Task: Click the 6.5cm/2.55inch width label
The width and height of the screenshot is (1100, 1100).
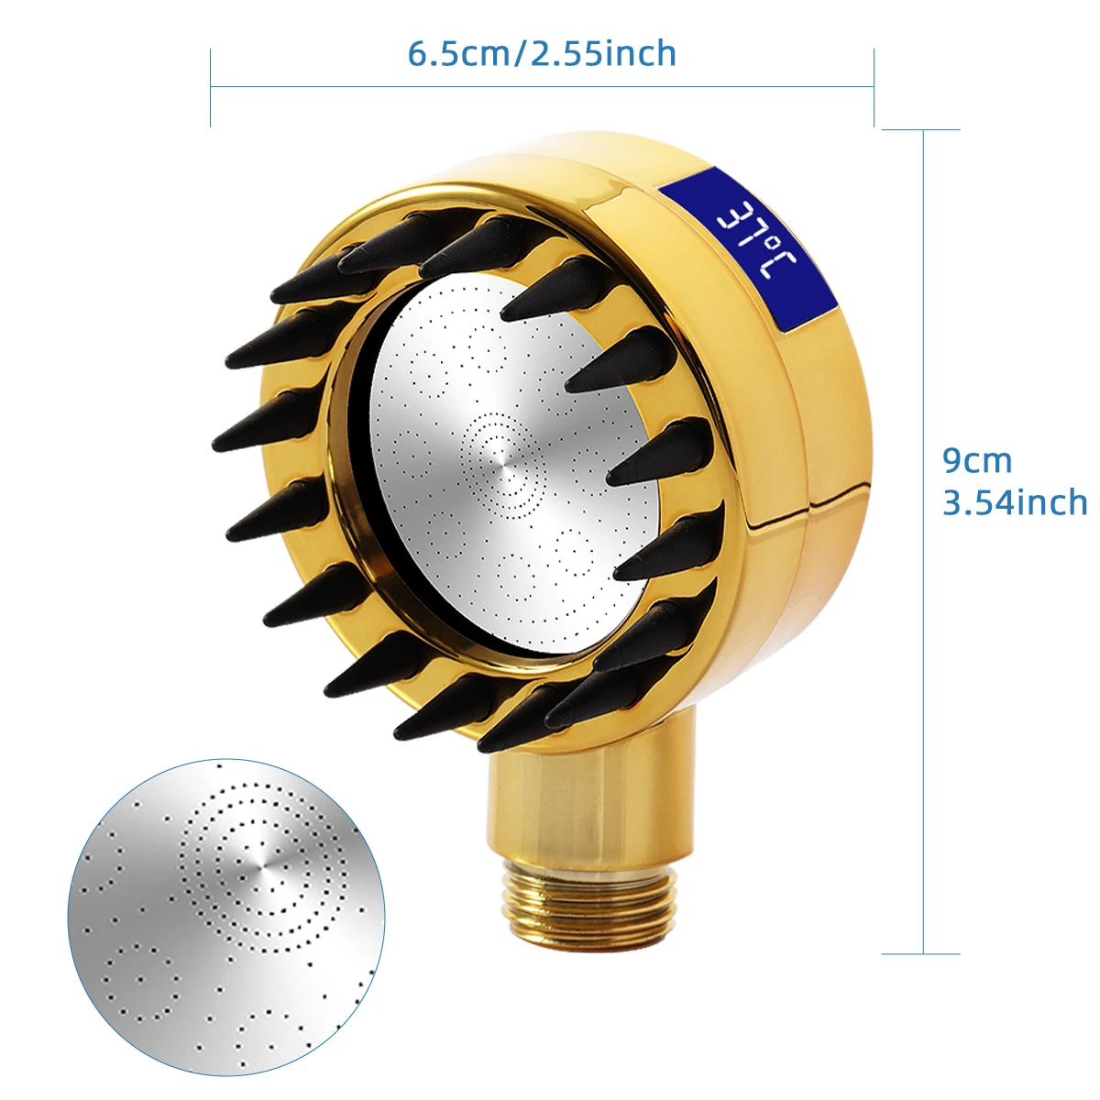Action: tap(542, 54)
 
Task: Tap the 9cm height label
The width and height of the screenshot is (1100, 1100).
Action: tap(977, 460)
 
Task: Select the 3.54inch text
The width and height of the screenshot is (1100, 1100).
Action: tap(1015, 502)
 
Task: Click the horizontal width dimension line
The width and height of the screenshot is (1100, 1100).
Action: tap(542, 87)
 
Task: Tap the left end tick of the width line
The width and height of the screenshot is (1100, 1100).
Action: tap(211, 87)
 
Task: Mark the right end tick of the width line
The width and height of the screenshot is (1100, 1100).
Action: tap(874, 87)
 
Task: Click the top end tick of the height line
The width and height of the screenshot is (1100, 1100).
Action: tap(921, 129)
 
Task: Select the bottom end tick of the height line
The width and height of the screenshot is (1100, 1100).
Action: tap(921, 953)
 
